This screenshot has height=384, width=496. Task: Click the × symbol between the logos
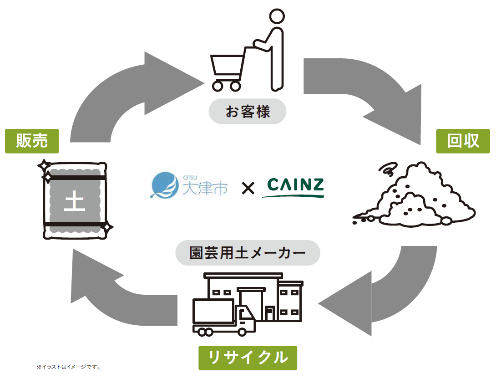pos(248,188)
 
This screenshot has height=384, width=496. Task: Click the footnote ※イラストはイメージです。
pos(69,366)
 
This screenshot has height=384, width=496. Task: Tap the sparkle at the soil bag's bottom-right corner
pos(107,226)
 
